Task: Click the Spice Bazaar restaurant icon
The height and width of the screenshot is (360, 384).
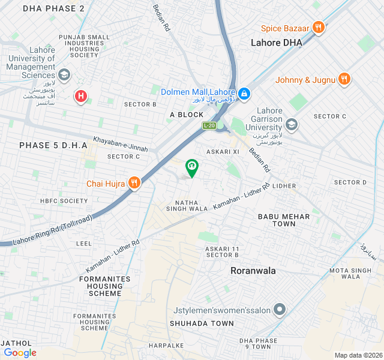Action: tap(319, 28)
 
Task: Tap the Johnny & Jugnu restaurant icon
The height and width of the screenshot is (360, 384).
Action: tap(344, 79)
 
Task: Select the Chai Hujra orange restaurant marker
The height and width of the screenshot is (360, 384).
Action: tap(134, 183)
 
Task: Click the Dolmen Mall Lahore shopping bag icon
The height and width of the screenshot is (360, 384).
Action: tap(244, 94)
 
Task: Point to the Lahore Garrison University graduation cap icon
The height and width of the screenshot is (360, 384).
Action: tap(292, 124)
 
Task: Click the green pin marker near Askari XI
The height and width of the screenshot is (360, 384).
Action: tap(191, 167)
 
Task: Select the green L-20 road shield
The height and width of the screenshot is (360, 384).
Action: tap(209, 125)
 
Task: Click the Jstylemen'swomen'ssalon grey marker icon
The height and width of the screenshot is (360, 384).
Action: tap(279, 310)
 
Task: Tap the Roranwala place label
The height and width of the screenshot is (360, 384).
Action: tap(253, 271)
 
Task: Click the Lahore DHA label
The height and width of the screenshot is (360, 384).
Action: tap(276, 43)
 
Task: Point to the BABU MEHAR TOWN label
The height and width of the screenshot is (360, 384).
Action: tap(284, 220)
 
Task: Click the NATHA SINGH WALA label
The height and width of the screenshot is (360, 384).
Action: tap(191, 206)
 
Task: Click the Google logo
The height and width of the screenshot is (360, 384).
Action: tap(20, 353)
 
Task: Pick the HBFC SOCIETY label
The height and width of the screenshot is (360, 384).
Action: tap(64, 201)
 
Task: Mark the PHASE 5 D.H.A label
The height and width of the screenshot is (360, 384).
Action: tap(53, 145)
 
